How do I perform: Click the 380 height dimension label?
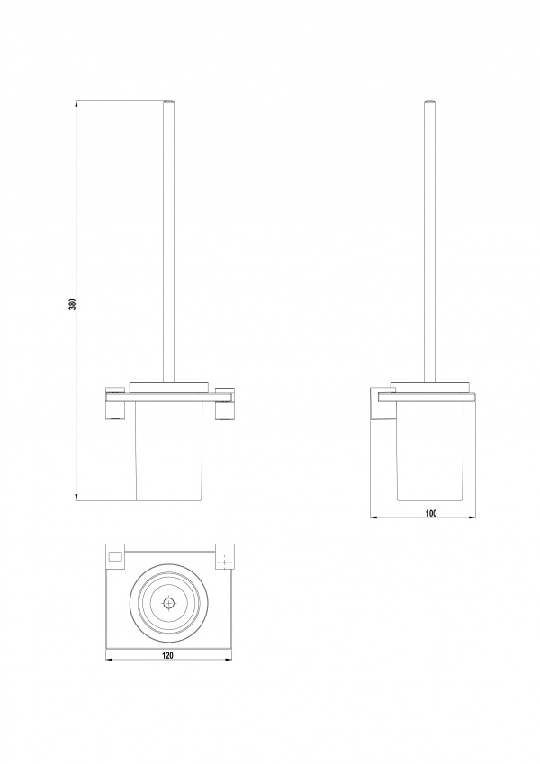pyautogui.click(x=73, y=303)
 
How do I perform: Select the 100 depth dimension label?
pyautogui.click(x=431, y=513)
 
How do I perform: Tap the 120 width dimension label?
pyautogui.click(x=167, y=656)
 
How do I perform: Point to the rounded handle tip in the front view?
pyautogui.click(x=167, y=102)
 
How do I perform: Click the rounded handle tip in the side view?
pyautogui.click(x=429, y=102)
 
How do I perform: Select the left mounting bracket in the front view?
pyautogui.click(x=115, y=403)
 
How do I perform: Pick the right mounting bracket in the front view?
pyautogui.click(x=225, y=403)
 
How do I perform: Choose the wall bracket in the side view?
pyautogui.click(x=380, y=403)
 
